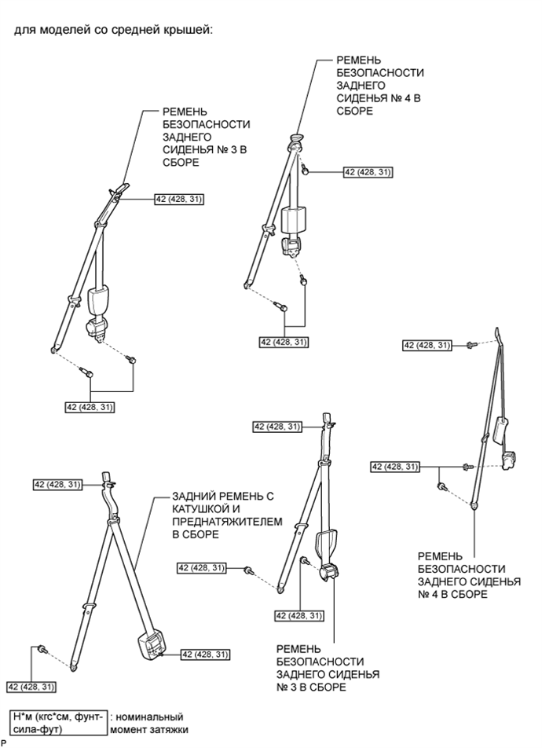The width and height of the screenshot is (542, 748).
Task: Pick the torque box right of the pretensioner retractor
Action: [x=206, y=654]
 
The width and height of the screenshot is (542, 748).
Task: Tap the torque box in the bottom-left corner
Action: [x=31, y=687]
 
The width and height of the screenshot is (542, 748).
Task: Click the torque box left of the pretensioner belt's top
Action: [x=57, y=485]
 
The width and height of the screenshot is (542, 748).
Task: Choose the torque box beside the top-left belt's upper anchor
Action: [x=179, y=200]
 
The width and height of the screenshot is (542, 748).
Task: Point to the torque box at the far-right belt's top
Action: [x=427, y=345]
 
